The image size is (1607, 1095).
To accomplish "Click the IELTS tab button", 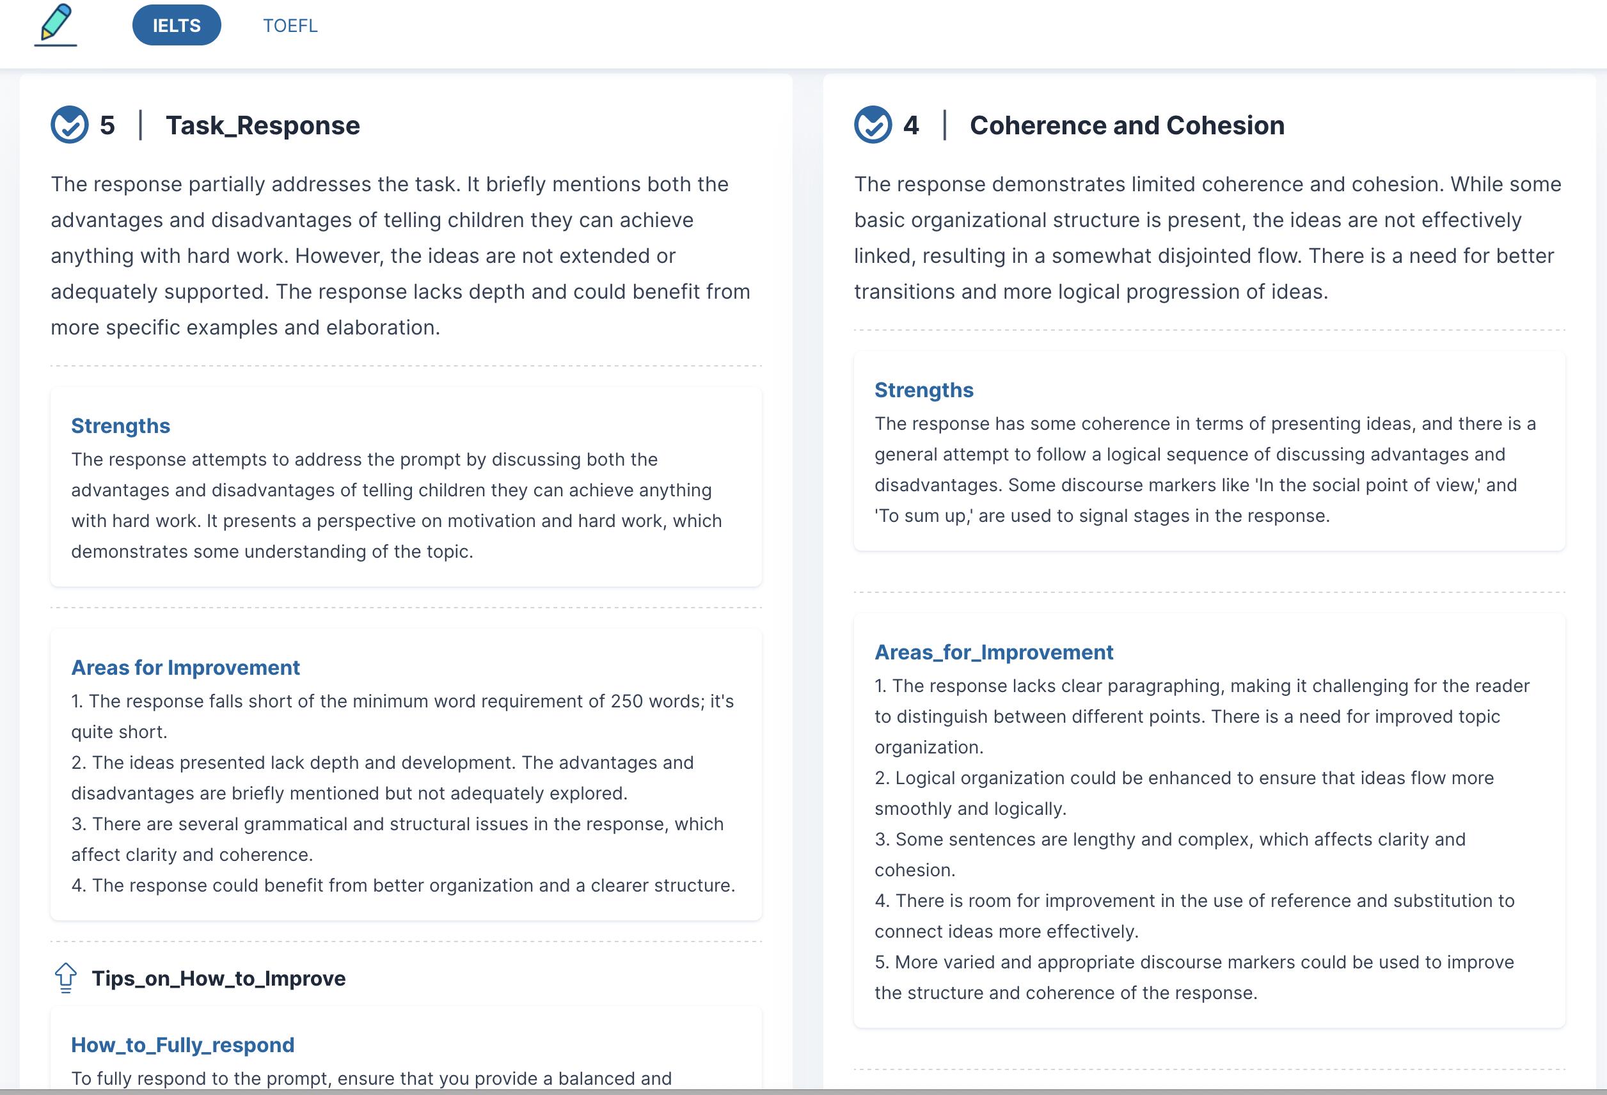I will (x=177, y=26).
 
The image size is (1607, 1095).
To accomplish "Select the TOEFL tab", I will (x=290, y=26).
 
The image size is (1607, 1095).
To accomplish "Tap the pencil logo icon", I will (x=56, y=24).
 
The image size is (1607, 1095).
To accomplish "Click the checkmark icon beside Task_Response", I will (x=70, y=125).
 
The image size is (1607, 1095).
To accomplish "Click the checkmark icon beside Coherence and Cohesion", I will (x=873, y=125).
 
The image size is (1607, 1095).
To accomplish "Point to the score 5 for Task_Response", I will (x=107, y=125).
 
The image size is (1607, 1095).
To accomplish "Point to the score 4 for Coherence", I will (x=911, y=125).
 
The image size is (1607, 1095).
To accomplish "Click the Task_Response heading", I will (x=263, y=125).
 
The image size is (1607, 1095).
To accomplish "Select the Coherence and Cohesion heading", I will (x=1127, y=125).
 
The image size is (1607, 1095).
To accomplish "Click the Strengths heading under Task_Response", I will (x=120, y=426).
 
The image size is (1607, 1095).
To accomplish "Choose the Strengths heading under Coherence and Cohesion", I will (x=924, y=390).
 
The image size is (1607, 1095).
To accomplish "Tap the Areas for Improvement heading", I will (x=186, y=668).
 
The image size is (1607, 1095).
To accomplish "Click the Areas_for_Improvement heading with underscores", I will (x=993, y=652).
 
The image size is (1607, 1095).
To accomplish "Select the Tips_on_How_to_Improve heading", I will (x=219, y=979).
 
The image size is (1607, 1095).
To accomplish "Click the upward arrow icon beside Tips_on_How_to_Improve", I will (x=66, y=977).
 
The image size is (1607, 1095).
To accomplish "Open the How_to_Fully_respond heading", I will (x=182, y=1045).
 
